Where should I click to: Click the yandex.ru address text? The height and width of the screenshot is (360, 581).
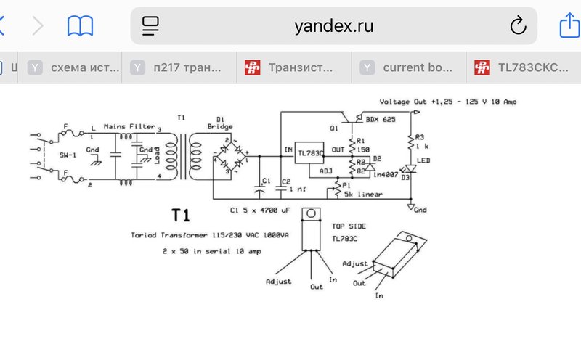pyautogui.click(x=334, y=27)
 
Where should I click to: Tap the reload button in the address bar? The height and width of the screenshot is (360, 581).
pyautogui.click(x=518, y=27)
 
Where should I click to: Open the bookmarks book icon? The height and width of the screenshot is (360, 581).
pyautogui.click(x=80, y=27)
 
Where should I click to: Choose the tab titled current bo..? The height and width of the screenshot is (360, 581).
pyautogui.click(x=417, y=67)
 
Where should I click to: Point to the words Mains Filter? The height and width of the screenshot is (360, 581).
pyautogui.click(x=129, y=126)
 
